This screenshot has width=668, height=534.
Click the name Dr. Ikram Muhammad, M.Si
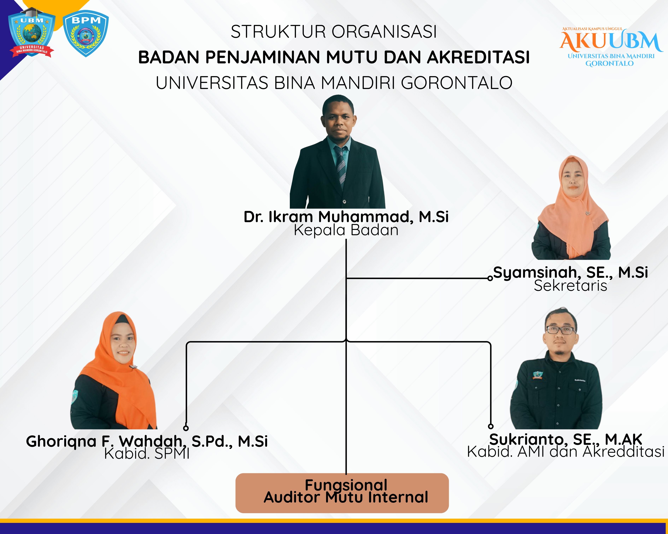click(346, 217)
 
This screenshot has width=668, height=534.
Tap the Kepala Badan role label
click(346, 230)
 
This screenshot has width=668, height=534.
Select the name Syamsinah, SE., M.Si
click(570, 272)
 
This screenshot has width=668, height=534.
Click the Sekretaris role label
click(570, 285)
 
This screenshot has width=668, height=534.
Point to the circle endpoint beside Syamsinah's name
click(490, 278)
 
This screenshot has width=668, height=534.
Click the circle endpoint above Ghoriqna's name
click(186, 428)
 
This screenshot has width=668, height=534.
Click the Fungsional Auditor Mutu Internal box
click(342, 493)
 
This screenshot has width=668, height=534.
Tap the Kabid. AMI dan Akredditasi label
click(566, 452)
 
